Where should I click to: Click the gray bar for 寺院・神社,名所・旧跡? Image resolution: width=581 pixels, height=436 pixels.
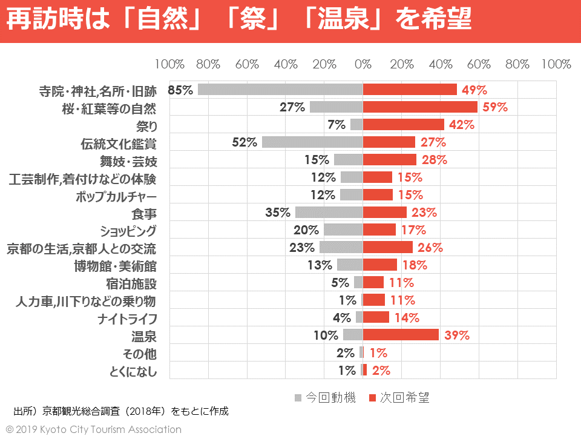pyautogui.click(x=280, y=90)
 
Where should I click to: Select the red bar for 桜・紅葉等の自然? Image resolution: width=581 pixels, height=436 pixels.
pyautogui.click(x=420, y=107)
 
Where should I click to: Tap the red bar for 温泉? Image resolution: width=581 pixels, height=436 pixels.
pyautogui.click(x=401, y=335)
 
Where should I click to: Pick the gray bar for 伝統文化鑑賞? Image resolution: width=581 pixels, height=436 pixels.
pyautogui.click(x=312, y=142)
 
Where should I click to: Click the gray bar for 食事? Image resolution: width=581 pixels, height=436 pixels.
pyautogui.click(x=329, y=213)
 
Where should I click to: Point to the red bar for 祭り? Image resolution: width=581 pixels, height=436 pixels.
pyautogui.click(x=403, y=125)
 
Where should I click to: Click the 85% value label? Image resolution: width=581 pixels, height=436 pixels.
pyautogui.click(x=180, y=90)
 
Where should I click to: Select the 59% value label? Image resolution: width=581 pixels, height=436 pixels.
pyautogui.click(x=494, y=107)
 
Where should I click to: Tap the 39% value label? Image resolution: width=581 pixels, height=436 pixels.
pyautogui.click(x=457, y=335)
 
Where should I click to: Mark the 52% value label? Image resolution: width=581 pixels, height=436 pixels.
pyautogui.click(x=245, y=142)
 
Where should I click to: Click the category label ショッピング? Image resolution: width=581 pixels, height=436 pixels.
pyautogui.click(x=128, y=231)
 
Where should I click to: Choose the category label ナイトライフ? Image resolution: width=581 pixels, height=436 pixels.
pyautogui.click(x=127, y=318)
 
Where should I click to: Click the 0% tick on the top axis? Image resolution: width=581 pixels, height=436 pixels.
pyautogui.click(x=363, y=64)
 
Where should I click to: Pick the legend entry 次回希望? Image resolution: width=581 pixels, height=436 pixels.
pyautogui.click(x=404, y=398)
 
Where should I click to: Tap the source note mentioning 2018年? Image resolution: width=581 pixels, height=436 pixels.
pyautogui.click(x=121, y=412)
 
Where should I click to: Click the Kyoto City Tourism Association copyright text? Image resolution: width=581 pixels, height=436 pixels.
pyautogui.click(x=94, y=429)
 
